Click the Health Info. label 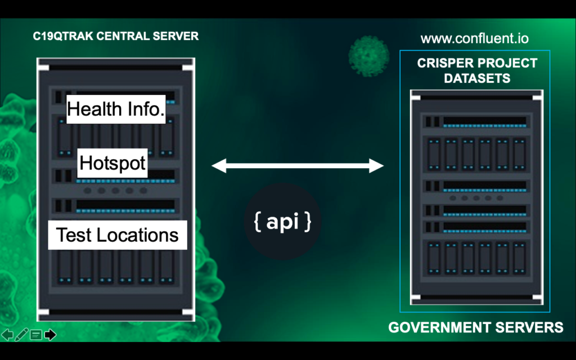116,109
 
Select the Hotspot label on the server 112,163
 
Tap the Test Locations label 118,235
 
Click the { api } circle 282,222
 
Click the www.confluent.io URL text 475,39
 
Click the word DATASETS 477,78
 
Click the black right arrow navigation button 50,335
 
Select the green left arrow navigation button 7,335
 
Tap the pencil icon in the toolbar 21,335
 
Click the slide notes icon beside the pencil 36,335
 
